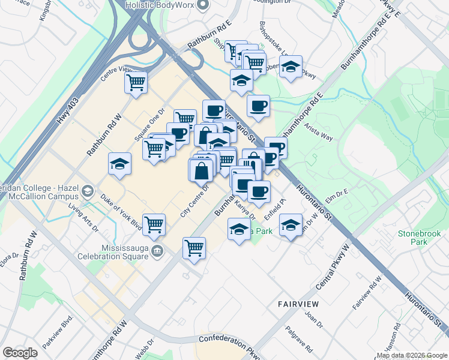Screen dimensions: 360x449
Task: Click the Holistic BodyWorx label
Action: (x=160, y=5)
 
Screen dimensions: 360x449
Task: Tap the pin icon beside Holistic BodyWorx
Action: (x=202, y=5)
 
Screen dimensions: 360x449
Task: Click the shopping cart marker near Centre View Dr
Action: (x=136, y=82)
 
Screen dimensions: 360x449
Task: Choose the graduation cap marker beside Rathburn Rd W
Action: (x=119, y=164)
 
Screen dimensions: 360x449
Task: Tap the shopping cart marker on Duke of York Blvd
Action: (x=154, y=224)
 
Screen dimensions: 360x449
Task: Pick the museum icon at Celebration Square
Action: (x=157, y=250)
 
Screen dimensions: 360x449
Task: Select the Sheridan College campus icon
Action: (x=88, y=191)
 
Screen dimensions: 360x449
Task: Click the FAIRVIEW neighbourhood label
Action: (x=301, y=305)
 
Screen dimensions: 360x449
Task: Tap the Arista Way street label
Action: (x=319, y=133)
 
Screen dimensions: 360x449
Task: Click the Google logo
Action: (x=20, y=353)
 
